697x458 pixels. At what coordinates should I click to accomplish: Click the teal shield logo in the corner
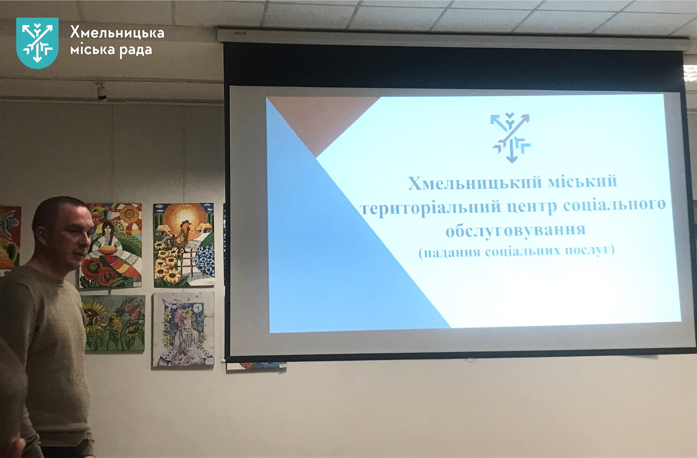click(37, 43)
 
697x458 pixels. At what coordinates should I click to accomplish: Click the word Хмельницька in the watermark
click(117, 32)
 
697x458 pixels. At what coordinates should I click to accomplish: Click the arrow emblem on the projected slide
click(511, 138)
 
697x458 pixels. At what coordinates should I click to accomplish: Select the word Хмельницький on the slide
click(475, 183)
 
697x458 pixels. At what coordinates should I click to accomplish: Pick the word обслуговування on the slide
click(516, 231)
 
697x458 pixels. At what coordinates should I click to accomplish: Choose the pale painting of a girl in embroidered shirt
click(183, 329)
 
